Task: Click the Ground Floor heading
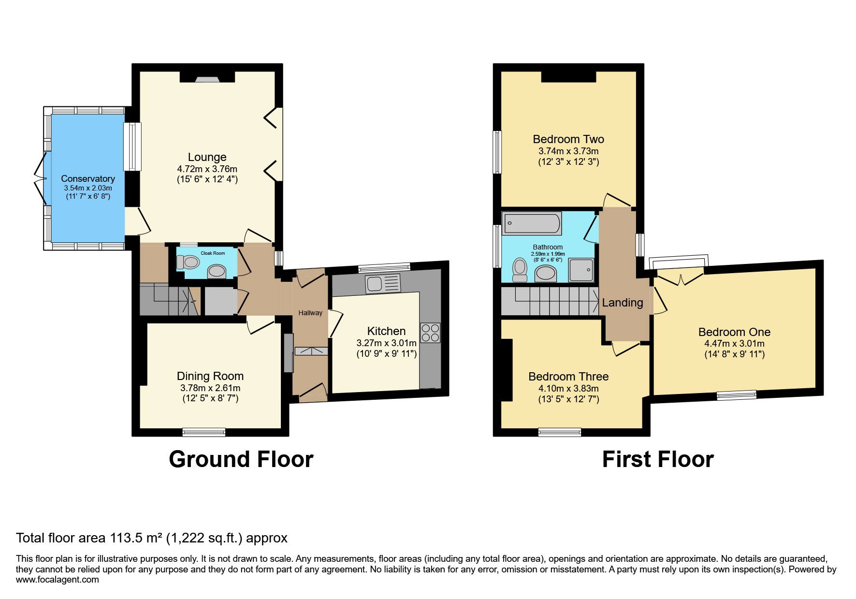coord(241,459)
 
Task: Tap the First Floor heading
coord(658,459)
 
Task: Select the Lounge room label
coord(207,157)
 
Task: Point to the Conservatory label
coord(88,179)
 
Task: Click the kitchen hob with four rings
coord(430,333)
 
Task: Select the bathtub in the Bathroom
coord(532,223)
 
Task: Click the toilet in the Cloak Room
coord(188,262)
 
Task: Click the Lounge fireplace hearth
coord(207,79)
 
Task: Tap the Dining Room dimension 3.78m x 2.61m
coord(210,388)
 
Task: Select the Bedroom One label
coord(734,332)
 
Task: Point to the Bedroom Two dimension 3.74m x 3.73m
coord(568,151)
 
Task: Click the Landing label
coord(623,303)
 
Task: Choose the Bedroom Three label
coord(568,377)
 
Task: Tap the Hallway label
coord(310,313)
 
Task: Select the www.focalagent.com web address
coord(58,580)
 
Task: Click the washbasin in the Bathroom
coord(546,273)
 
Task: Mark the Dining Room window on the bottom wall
coord(203,432)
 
